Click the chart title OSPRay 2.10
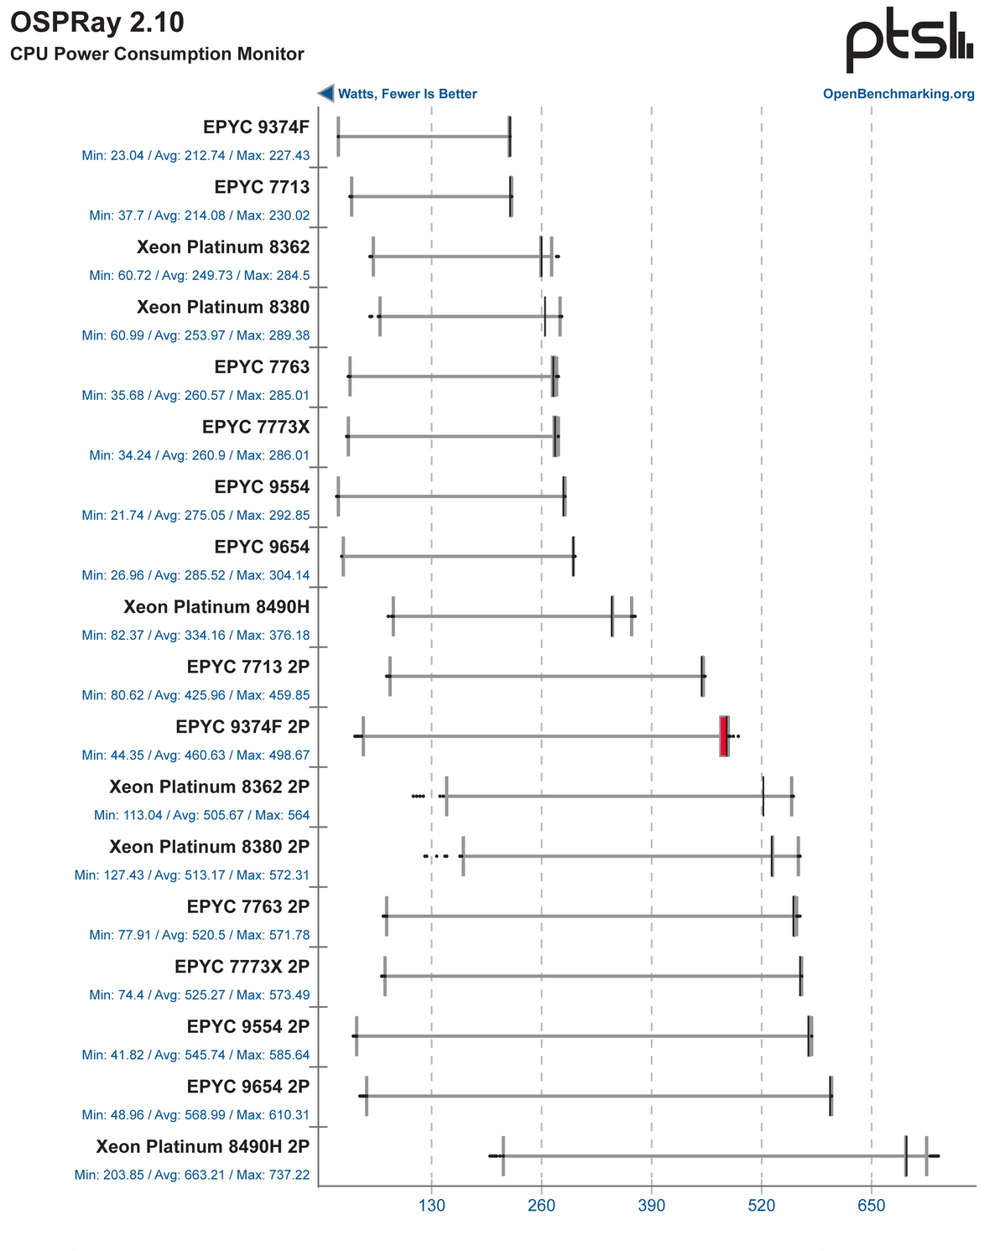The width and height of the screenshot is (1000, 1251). pyautogui.click(x=97, y=23)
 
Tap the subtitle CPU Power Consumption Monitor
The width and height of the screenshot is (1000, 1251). pyautogui.click(x=157, y=55)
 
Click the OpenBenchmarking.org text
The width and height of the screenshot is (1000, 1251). pyautogui.click(x=898, y=94)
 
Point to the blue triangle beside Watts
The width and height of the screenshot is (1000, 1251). pyautogui.click(x=326, y=94)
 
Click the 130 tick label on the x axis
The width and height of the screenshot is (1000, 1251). pyautogui.click(x=431, y=1207)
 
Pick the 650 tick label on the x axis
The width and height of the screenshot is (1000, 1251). pyautogui.click(x=872, y=1207)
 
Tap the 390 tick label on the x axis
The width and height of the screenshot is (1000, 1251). pyautogui.click(x=651, y=1207)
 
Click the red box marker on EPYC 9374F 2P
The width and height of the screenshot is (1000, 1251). pyautogui.click(x=724, y=736)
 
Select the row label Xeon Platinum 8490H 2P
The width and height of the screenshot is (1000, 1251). pyautogui.click(x=202, y=1147)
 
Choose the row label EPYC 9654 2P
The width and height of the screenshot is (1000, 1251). pyautogui.click(x=248, y=1087)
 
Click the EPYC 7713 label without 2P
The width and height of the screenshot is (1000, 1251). pyautogui.click(x=262, y=187)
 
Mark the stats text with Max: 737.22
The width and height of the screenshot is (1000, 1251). pyautogui.click(x=192, y=1175)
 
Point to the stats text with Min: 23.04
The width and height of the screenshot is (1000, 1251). pyautogui.click(x=195, y=155)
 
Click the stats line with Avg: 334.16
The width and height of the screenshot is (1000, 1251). pyautogui.click(x=195, y=635)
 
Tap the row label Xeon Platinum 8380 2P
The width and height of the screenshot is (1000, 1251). pyautogui.click(x=209, y=847)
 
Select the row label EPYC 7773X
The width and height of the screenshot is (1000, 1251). pyautogui.click(x=256, y=427)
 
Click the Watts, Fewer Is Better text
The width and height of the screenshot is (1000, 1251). pyautogui.click(x=407, y=94)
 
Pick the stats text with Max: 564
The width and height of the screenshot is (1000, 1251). pyautogui.click(x=201, y=815)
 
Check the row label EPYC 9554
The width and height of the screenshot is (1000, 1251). pyautogui.click(x=262, y=487)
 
